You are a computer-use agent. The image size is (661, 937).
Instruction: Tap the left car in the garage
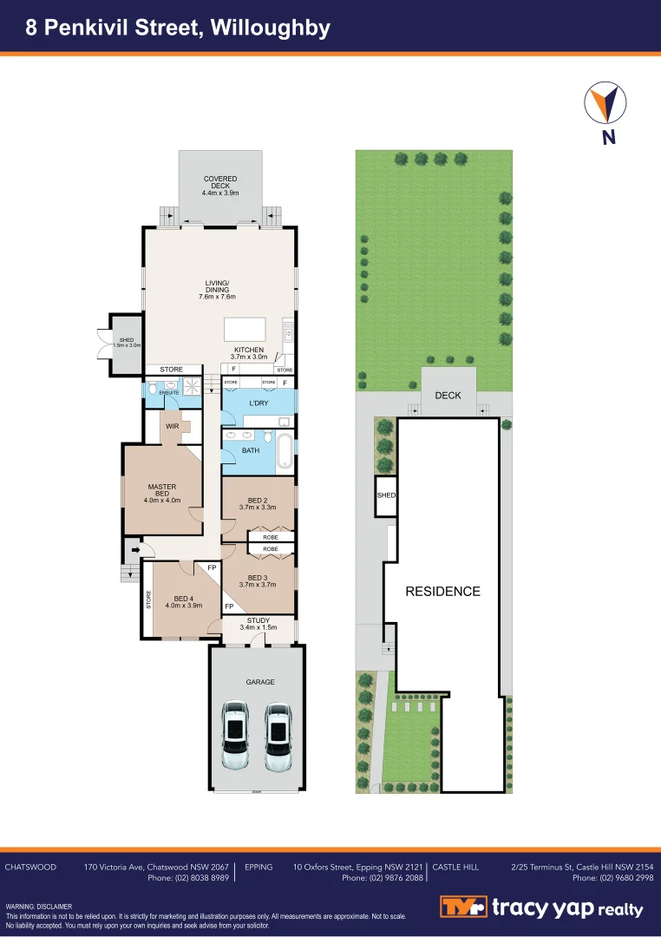click(236, 736)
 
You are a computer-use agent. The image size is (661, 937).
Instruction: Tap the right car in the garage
click(278, 736)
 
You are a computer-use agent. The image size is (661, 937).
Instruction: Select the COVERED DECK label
click(220, 185)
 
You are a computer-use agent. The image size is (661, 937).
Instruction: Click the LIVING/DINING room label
click(217, 290)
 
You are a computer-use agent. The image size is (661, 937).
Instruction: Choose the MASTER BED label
click(161, 493)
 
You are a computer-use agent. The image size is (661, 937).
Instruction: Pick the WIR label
click(172, 426)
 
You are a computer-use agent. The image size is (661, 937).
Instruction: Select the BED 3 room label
click(257, 581)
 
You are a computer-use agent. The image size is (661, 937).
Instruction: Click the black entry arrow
click(134, 548)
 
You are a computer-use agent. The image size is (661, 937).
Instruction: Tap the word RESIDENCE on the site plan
click(443, 591)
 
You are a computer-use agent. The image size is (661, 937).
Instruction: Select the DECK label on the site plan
click(448, 395)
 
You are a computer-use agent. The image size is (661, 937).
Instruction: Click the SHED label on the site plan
click(386, 495)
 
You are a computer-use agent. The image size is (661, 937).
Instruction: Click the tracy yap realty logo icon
click(462, 908)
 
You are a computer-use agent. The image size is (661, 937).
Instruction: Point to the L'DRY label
click(259, 405)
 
